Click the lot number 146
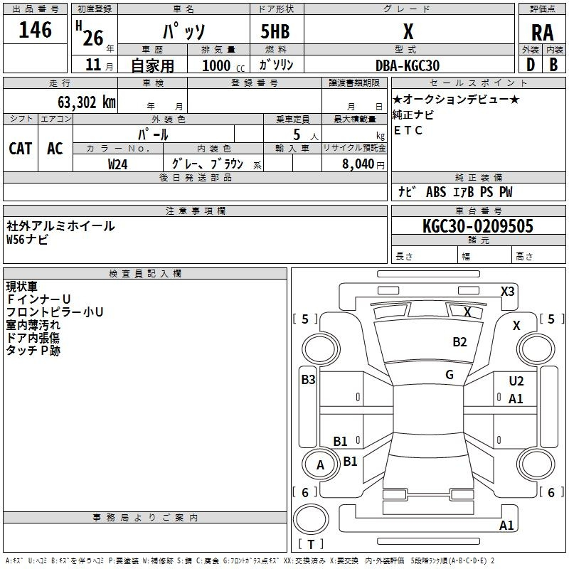(36, 30)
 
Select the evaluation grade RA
(542, 32)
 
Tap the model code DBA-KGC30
(408, 65)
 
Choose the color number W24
(118, 164)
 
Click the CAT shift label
(20, 149)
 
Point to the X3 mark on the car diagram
(507, 291)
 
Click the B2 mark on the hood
(460, 342)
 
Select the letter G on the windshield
(450, 375)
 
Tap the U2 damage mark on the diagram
(516, 382)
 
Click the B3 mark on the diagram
(308, 380)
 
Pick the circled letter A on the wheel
(320, 465)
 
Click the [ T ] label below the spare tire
(310, 545)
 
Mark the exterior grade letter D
(529, 65)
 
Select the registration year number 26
(93, 36)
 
